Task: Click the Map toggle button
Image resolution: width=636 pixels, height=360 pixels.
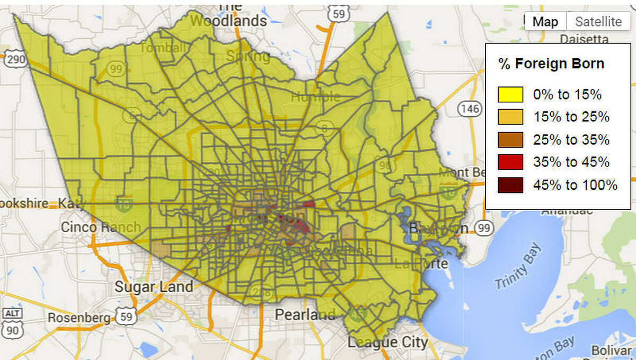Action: [545, 22]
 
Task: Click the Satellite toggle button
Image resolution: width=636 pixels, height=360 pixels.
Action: [598, 22]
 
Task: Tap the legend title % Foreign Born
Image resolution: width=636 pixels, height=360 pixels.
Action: [551, 64]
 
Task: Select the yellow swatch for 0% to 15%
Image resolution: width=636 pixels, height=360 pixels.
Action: [510, 95]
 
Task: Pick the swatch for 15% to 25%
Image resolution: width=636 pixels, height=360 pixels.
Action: [510, 117]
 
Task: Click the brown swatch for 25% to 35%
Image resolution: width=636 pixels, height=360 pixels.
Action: [510, 140]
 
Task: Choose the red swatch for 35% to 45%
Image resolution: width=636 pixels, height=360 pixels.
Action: [510, 162]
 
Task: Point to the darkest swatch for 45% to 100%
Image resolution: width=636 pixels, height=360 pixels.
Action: [510, 185]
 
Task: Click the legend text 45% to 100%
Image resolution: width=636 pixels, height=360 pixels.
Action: [575, 185]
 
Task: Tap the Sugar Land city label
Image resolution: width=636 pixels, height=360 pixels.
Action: [154, 287]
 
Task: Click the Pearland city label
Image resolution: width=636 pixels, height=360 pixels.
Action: [305, 314]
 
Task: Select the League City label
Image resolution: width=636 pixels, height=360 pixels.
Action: [387, 343]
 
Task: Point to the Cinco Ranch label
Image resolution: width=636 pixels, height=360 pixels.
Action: [101, 227]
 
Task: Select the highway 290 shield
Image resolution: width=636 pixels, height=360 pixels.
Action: [15, 59]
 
